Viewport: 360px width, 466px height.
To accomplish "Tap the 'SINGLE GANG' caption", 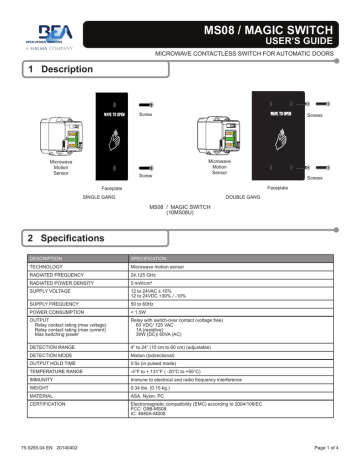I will point(100,199).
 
